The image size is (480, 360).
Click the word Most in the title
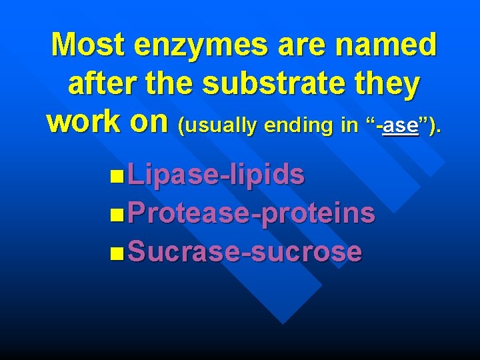coord(87,46)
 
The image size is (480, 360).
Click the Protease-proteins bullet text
coord(251,214)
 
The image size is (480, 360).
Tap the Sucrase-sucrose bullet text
coord(244,252)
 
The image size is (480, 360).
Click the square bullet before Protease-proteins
coord(118,215)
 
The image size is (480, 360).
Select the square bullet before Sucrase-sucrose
coord(118,253)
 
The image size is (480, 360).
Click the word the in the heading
coord(177,85)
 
